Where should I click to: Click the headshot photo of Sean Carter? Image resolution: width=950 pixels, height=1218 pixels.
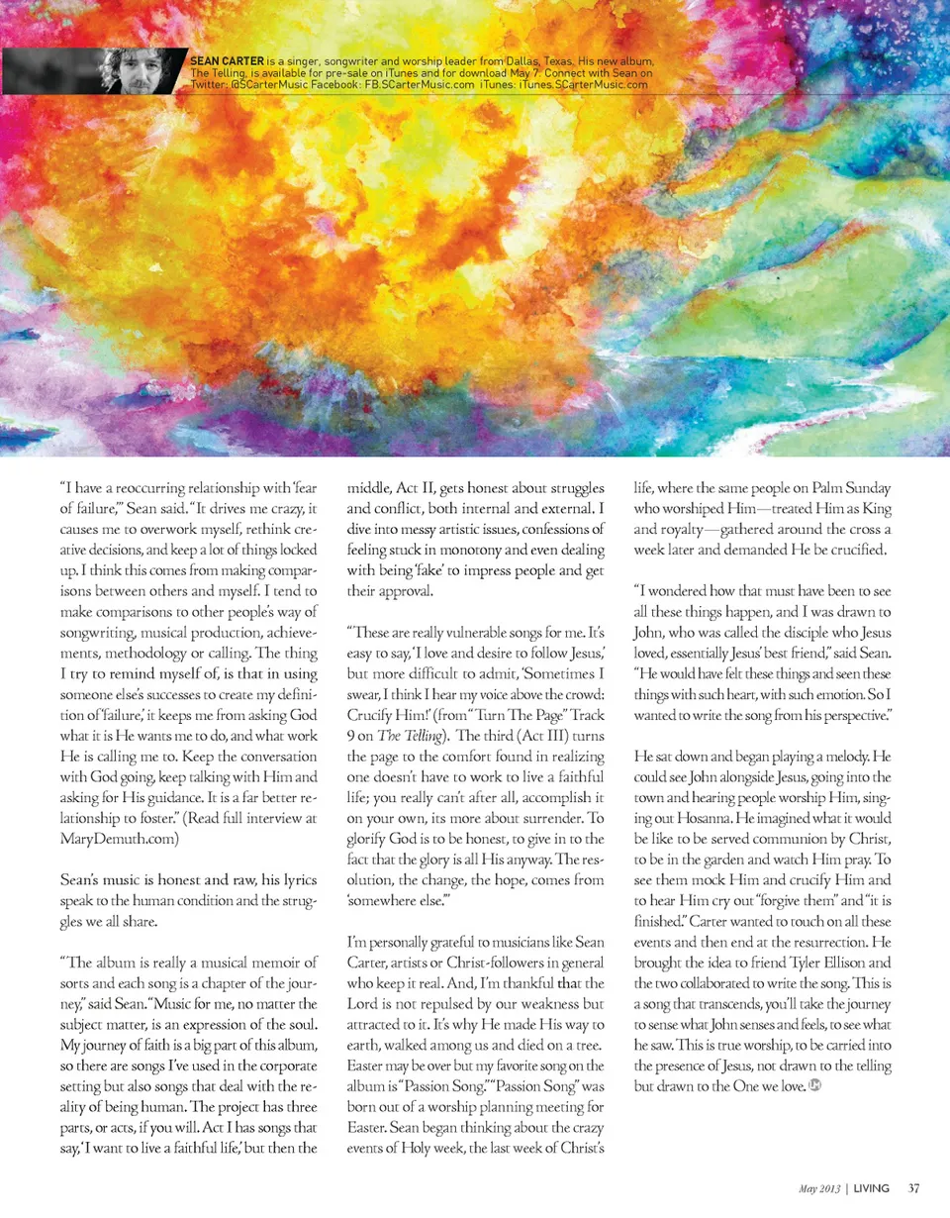tap(139, 70)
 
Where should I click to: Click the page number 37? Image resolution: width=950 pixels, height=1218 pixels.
tap(915, 1187)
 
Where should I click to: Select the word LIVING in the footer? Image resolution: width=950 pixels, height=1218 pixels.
tap(872, 1187)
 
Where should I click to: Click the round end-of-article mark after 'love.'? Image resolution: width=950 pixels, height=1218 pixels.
tap(816, 1085)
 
